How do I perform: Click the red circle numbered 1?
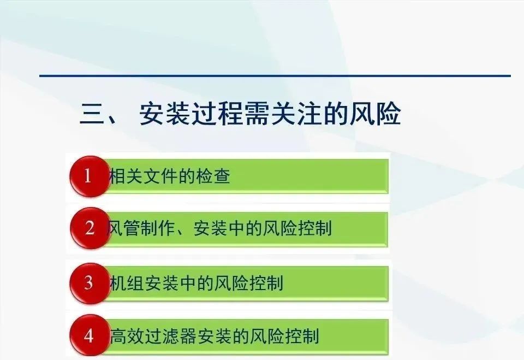pyautogui.click(x=90, y=176)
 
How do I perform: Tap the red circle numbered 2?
pyautogui.click(x=90, y=228)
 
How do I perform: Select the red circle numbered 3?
pyautogui.click(x=90, y=283)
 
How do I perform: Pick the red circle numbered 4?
pyautogui.click(x=90, y=335)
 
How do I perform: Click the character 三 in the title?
pyautogui.click(x=92, y=114)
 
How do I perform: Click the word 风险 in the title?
pyautogui.click(x=375, y=114)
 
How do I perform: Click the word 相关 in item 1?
pyautogui.click(x=126, y=176)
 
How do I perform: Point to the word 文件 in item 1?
pyautogui.click(x=161, y=176)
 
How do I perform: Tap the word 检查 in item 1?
pyautogui.click(x=213, y=176)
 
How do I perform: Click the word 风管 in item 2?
pyautogui.click(x=122, y=228)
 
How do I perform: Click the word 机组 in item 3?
pyautogui.click(x=126, y=283)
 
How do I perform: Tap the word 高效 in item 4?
pyautogui.click(x=127, y=336)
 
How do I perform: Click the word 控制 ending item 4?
pyautogui.click(x=302, y=336)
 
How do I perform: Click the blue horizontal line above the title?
pyautogui.click(x=275, y=76)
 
